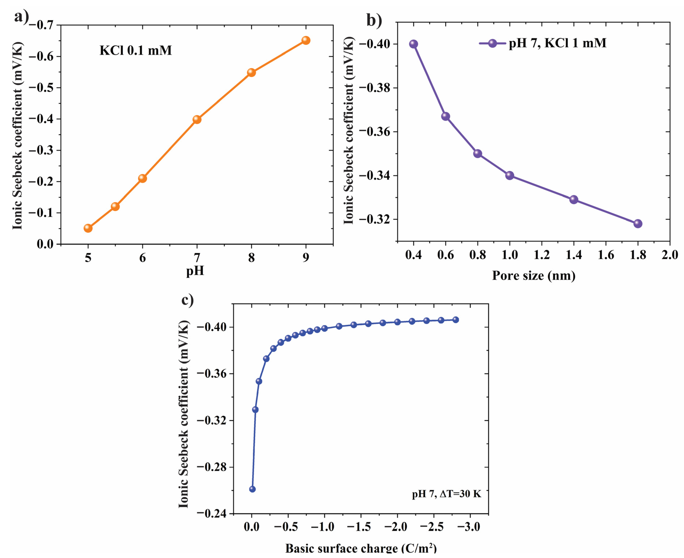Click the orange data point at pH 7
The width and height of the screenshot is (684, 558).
197,120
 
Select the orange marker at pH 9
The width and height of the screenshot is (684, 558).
306,41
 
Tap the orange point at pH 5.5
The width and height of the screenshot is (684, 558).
115,206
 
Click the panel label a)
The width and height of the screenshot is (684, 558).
21,16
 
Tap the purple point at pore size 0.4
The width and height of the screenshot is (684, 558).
414,44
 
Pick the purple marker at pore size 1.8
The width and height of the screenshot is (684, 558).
638,224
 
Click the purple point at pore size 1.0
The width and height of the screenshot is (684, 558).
509,176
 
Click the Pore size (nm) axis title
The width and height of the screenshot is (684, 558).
533,275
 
